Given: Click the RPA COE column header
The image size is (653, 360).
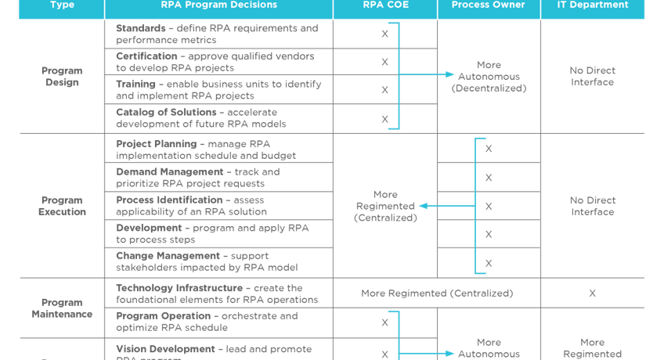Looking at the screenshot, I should [384, 5].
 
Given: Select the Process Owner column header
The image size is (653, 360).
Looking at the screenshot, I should [489, 5].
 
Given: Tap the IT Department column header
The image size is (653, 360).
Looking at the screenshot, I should [592, 5].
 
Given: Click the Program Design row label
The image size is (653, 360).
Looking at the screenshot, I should [62, 77].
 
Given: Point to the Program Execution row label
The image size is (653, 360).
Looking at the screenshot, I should [62, 206].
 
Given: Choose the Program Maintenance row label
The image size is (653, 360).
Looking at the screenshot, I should [62, 308].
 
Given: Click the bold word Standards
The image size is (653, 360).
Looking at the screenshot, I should [140, 29].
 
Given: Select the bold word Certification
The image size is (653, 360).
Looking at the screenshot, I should [146, 56].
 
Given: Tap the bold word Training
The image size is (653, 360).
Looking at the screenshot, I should [135, 85].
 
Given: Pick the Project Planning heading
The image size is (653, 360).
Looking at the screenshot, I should [157, 144].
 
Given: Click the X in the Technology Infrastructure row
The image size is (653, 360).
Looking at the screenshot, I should [592, 293].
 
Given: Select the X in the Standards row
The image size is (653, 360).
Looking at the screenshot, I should [384, 34].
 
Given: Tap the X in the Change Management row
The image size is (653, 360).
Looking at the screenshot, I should [489, 263].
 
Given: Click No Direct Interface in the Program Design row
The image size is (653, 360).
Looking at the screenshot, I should [592, 77].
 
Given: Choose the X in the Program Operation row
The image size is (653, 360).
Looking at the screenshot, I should [384, 322].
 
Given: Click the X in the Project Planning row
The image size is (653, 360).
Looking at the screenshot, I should [489, 149].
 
